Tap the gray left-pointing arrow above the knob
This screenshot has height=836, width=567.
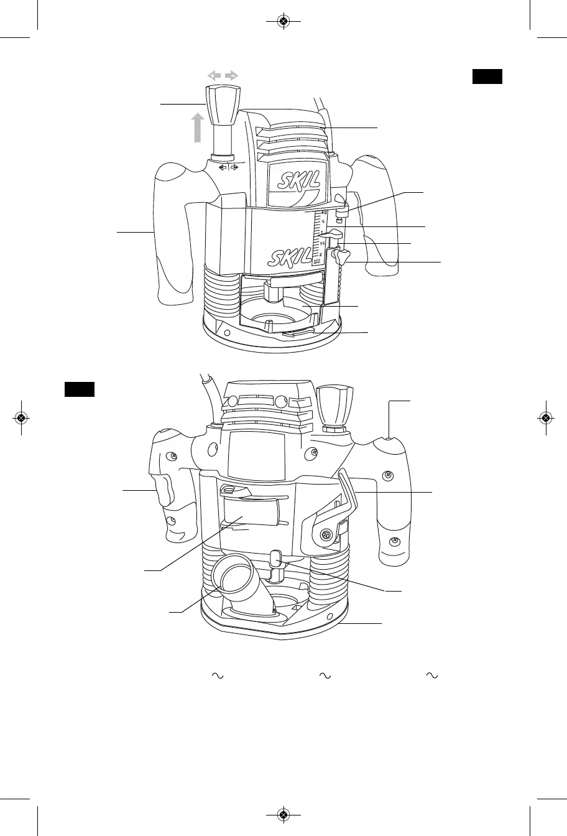coord(214,75)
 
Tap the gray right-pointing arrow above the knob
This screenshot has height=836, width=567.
coord(232,75)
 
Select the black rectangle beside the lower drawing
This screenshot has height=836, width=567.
coord(80,389)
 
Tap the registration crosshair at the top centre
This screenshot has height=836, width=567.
coord(283,21)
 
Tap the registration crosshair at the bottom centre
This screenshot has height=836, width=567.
coord(283,814)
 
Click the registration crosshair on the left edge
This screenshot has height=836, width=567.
coord(21,418)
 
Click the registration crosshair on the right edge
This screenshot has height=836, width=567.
coord(545,418)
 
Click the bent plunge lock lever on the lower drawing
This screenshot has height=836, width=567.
coord(351,491)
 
